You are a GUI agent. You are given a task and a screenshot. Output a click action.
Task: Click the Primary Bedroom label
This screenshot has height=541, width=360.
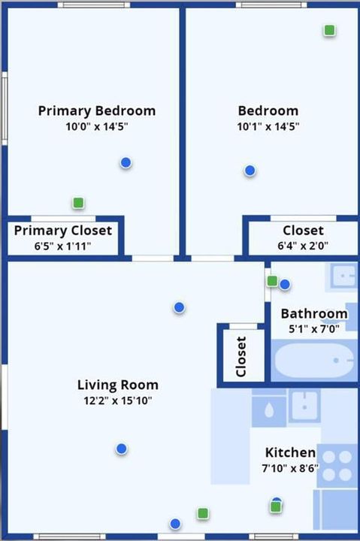pos(97,110)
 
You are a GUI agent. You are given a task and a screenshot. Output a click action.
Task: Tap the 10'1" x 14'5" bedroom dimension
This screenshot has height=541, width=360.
pos(268,127)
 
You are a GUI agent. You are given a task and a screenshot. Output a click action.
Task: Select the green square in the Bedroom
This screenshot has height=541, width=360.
pos(330,30)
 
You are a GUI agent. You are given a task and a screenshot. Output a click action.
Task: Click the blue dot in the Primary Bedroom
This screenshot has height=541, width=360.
pos(126,162)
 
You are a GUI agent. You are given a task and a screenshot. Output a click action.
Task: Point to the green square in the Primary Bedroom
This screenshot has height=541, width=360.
pos(78,203)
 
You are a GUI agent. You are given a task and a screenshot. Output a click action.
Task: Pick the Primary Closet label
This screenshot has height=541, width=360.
pos(63,231)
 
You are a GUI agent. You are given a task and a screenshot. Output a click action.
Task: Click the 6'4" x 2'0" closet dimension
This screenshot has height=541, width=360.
pos(303,246)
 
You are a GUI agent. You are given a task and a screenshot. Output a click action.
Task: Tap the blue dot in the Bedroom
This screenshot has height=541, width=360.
pos(250,170)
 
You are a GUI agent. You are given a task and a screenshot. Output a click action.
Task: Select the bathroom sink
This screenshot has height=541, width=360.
pos(343,275)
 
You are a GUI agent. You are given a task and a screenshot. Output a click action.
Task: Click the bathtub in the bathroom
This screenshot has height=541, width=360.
pos(314,361)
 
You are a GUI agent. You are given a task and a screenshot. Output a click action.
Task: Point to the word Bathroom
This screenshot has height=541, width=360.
pos(314,313)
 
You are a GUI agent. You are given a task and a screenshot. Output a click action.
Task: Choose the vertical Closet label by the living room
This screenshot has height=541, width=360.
pos(241,356)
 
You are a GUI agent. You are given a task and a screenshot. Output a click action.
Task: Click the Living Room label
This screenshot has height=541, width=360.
pos(118,385)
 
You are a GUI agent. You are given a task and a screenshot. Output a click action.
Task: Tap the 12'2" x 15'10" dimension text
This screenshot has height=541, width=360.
pos(118,400)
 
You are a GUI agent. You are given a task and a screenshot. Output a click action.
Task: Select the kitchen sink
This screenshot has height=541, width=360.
pos(304,407)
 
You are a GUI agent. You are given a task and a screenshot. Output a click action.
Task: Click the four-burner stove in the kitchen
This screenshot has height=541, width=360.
pos(337,466)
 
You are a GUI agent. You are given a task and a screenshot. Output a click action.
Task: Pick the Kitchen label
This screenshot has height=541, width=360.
pos(290,452)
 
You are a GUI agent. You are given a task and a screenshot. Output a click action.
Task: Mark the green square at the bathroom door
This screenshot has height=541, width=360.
pos(272,281)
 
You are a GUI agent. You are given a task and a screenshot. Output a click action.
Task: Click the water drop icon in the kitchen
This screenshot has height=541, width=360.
pos(269,410)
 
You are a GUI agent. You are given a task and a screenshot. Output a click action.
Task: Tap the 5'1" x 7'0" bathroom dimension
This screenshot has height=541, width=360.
pos(314,329)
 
